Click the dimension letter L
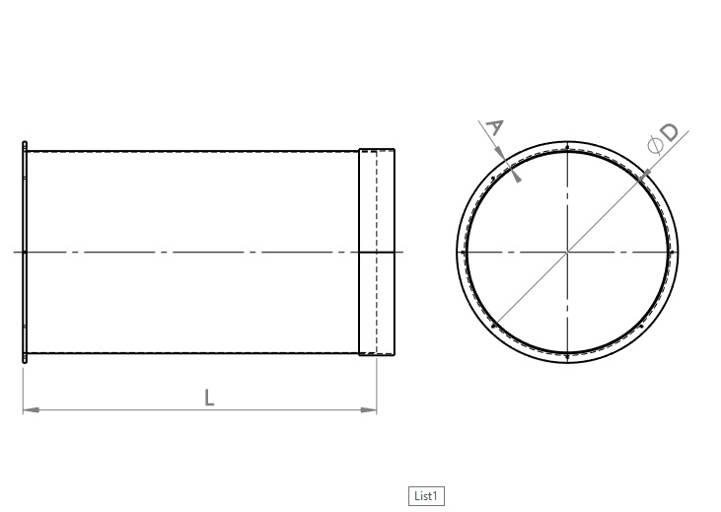[x=209, y=398]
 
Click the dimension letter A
[x=495, y=127]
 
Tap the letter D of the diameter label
[x=669, y=132]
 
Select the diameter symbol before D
[x=653, y=146]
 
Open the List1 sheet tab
[x=425, y=495]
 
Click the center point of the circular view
[x=567, y=253]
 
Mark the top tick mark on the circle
[x=567, y=147]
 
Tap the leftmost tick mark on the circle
[x=463, y=253]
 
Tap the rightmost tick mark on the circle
[x=673, y=253]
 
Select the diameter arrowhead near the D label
[x=645, y=175]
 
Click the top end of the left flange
[x=25, y=144]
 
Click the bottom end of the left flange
[x=25, y=361]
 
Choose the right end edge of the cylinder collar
[x=395, y=252]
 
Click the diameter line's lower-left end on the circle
[x=492, y=328]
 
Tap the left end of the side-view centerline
[x=16, y=252]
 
